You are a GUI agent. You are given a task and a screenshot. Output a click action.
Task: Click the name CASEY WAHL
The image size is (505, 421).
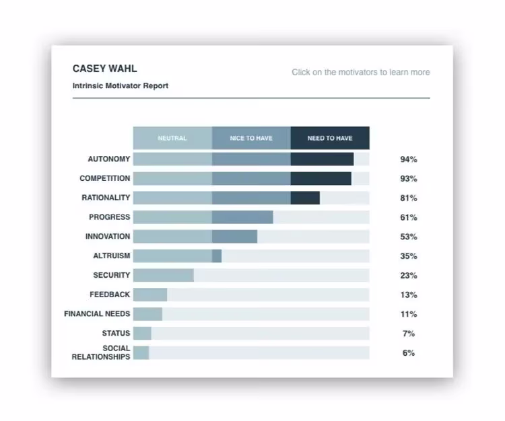click(104, 69)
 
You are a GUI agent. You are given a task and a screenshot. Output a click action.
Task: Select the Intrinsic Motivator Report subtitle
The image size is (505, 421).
click(120, 86)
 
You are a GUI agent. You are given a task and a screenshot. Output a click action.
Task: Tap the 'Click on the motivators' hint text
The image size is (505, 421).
click(360, 73)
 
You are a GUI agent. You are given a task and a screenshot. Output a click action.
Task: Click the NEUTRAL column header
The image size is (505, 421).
click(172, 139)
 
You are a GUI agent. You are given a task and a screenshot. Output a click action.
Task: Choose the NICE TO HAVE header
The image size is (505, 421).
click(251, 139)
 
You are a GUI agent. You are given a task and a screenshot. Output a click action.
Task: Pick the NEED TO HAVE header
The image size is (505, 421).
click(330, 139)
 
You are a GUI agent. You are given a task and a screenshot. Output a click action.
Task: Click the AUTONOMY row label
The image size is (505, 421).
click(108, 159)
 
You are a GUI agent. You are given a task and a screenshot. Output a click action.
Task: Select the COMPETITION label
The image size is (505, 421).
click(104, 179)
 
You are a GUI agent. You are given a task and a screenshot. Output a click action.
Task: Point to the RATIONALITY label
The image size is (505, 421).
click(106, 198)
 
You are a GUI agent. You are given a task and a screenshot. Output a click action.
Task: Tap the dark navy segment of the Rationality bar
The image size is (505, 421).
click(305, 198)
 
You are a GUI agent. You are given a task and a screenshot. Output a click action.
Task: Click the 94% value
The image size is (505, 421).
click(409, 160)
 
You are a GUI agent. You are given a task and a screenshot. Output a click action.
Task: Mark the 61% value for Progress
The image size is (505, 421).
click(409, 218)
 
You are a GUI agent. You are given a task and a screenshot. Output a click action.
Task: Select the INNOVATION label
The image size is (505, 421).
click(108, 237)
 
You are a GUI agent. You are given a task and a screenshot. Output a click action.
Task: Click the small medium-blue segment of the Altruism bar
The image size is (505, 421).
click(217, 256)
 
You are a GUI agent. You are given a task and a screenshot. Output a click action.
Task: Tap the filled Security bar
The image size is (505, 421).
click(164, 275)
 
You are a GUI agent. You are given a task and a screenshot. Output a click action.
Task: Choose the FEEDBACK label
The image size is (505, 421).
click(110, 295)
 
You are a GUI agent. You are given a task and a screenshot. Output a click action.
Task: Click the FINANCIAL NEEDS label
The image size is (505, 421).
click(97, 314)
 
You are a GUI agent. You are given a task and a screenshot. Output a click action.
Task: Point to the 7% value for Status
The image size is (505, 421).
click(409, 334)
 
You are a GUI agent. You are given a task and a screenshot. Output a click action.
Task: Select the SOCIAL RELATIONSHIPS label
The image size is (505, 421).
click(101, 352)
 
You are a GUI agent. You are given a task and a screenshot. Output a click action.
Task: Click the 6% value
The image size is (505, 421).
click(409, 353)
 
